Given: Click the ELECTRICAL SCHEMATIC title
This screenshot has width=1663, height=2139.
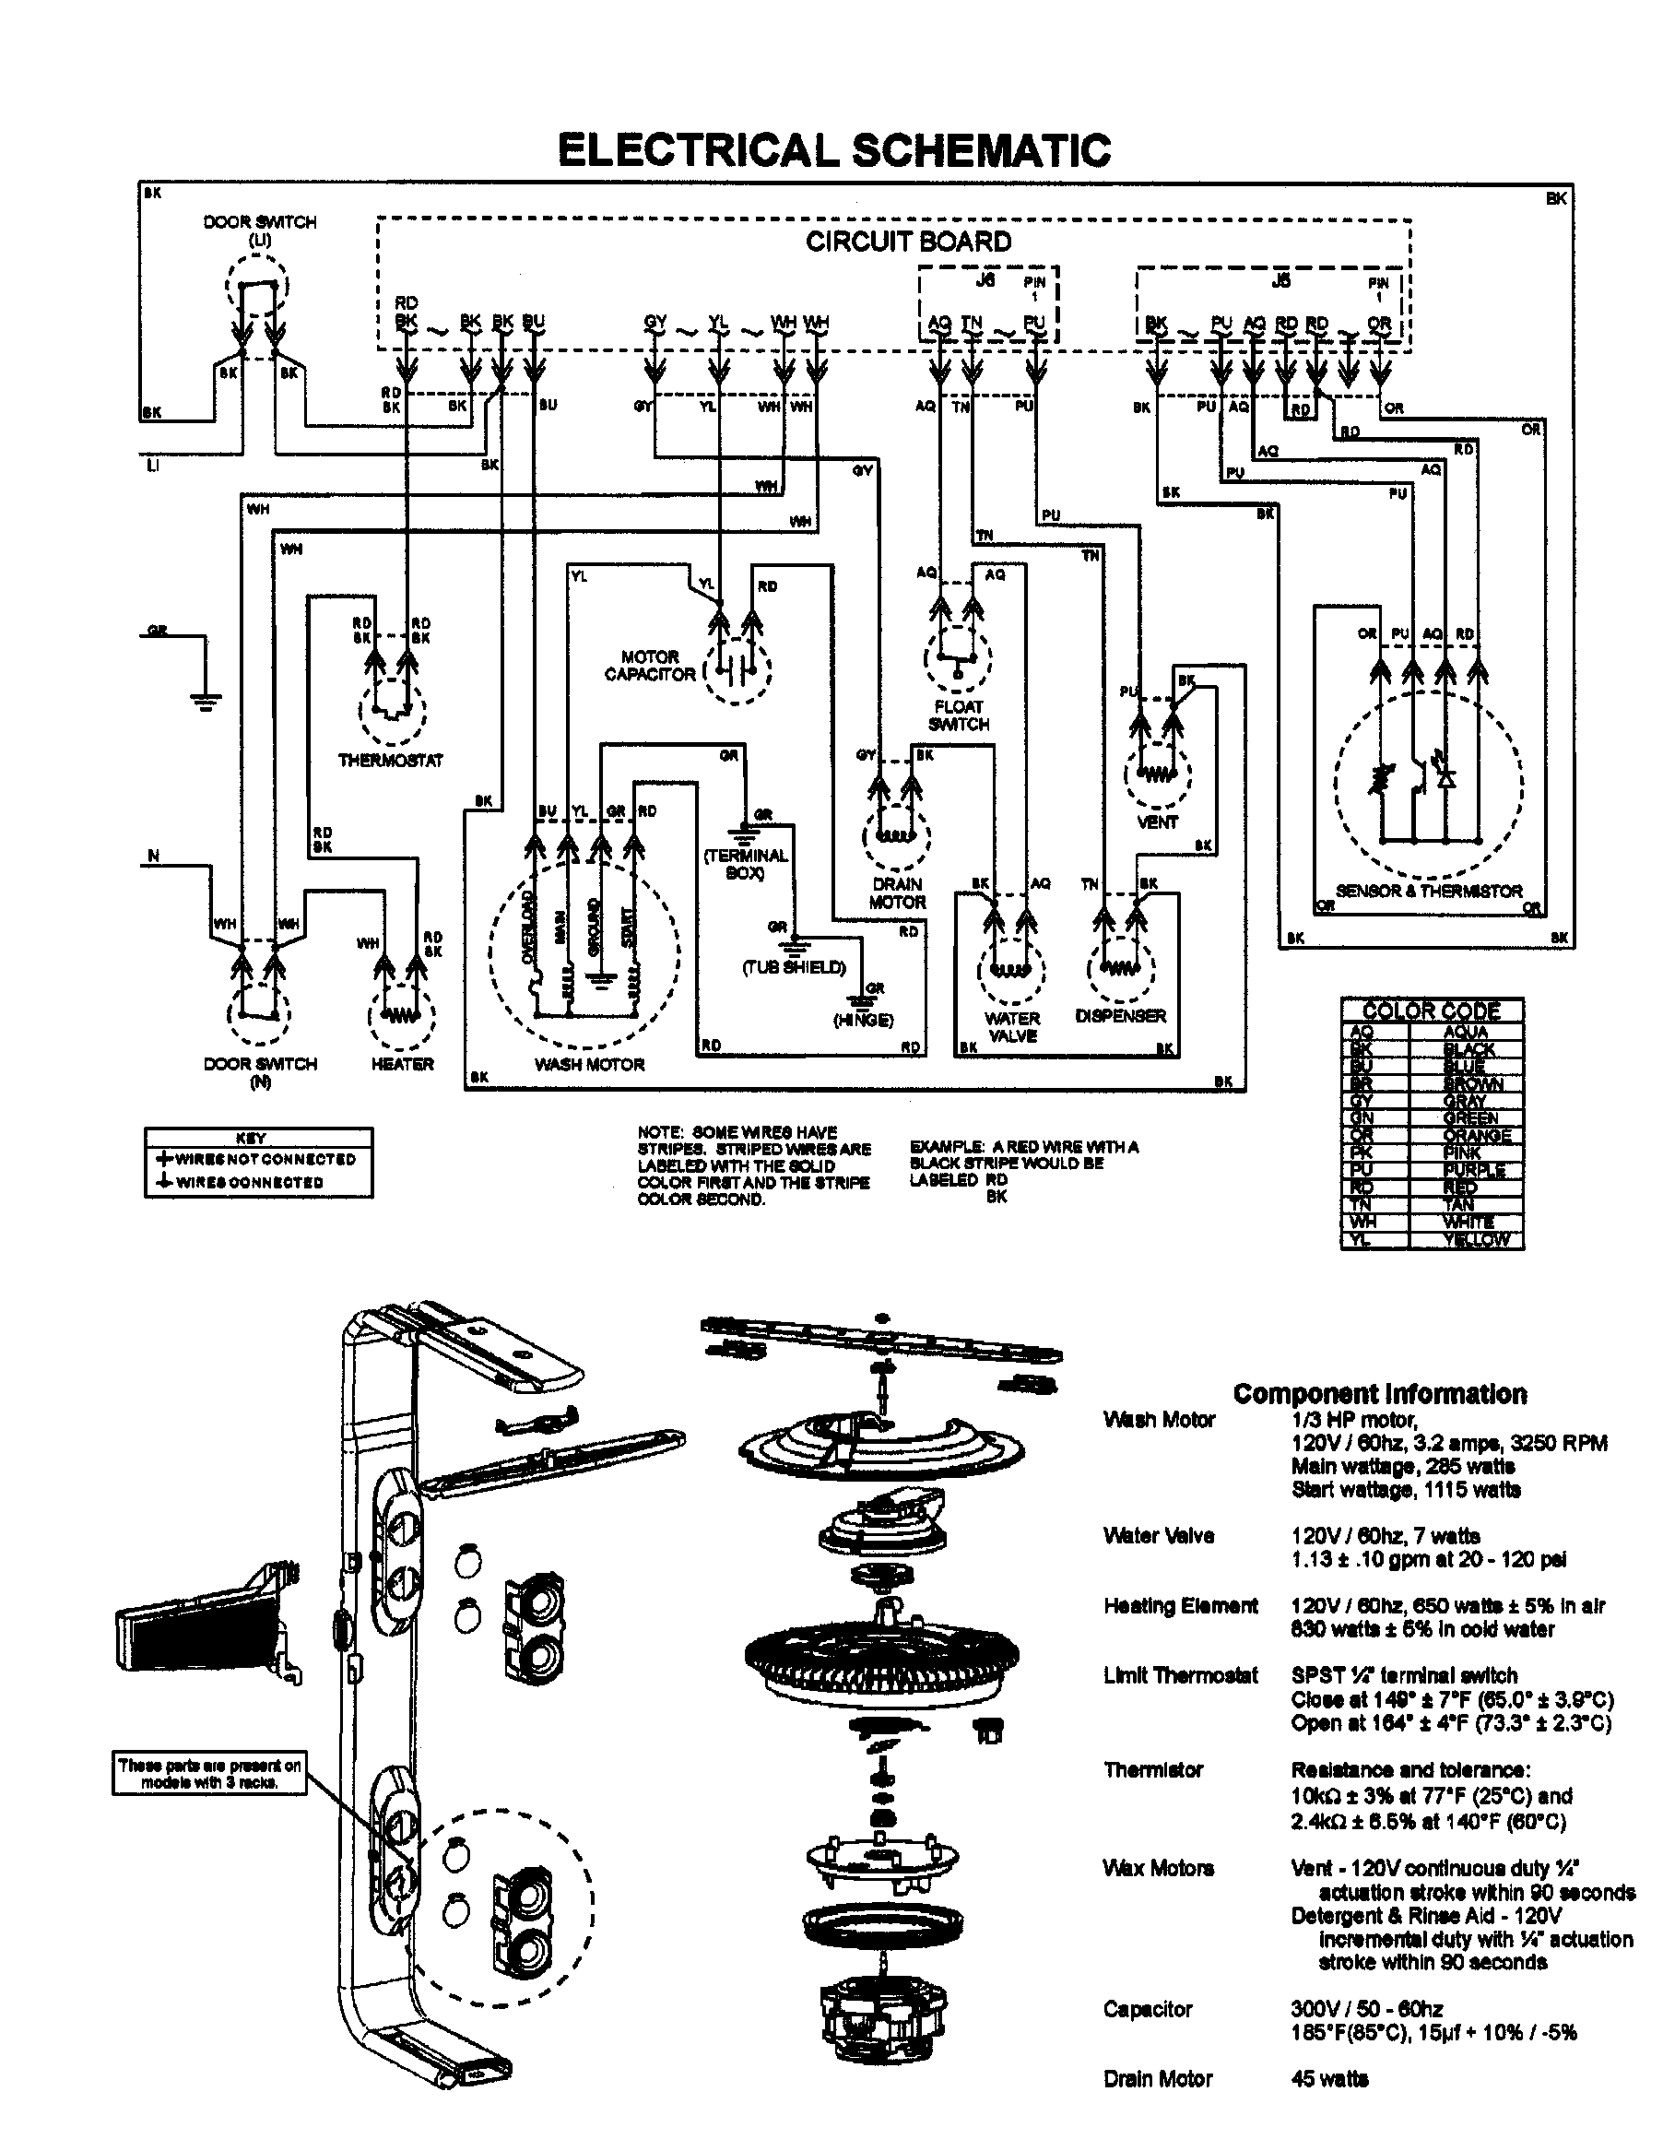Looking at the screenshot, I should click(x=833, y=151).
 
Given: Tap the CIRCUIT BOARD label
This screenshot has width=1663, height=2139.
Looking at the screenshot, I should click(x=908, y=242).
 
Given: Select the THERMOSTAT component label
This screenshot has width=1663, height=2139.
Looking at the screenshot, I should click(x=390, y=760).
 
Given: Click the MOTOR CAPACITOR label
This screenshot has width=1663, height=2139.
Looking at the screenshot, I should click(x=649, y=666).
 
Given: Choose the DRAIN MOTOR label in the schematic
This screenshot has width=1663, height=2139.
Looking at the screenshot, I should click(x=897, y=893).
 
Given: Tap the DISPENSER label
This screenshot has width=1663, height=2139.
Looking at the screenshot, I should click(x=1120, y=1017).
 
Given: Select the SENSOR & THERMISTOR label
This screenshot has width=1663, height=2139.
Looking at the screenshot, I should click(x=1429, y=892).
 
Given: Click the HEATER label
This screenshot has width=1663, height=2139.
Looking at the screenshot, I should click(x=402, y=1064).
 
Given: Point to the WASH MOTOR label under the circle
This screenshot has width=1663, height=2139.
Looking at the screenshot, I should click(x=589, y=1065).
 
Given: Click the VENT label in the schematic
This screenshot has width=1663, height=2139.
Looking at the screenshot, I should click(x=1157, y=822).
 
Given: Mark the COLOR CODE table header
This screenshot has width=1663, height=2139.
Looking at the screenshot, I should click(x=1431, y=1010).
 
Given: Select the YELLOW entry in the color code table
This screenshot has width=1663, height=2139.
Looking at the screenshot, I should click(x=1476, y=1240).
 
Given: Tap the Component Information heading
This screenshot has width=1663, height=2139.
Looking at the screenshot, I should click(x=1379, y=1394).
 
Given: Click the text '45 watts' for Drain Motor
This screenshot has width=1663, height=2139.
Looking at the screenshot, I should click(x=1329, y=2107).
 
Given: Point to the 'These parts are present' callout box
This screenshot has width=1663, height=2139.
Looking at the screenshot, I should click(x=209, y=1774).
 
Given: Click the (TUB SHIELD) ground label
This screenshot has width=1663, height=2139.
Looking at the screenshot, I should click(x=793, y=968).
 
